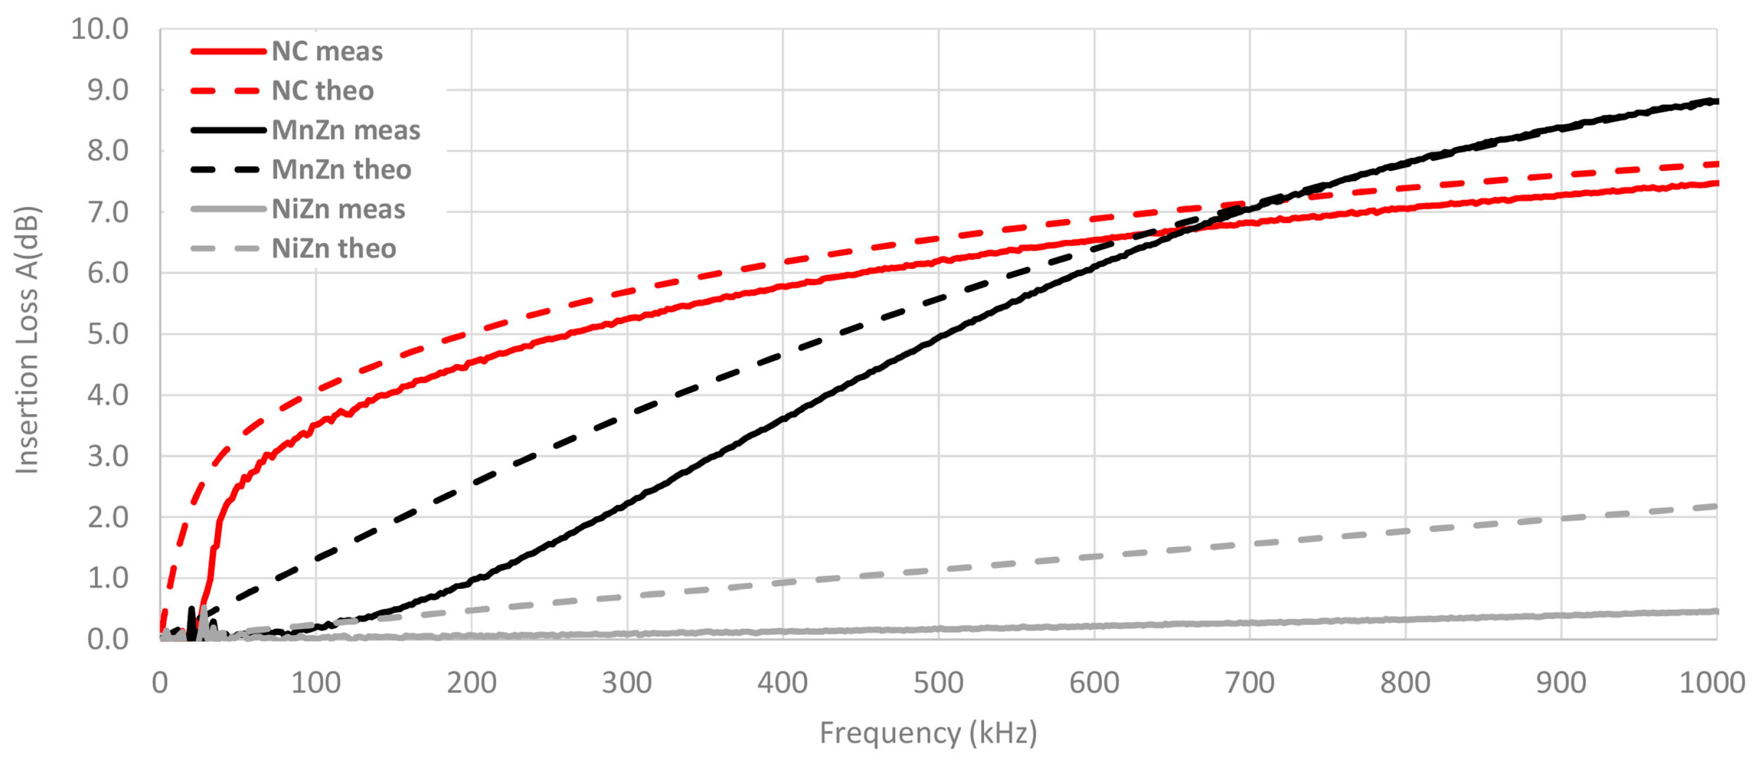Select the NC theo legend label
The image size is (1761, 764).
point(323,91)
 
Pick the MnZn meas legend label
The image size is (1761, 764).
point(346,130)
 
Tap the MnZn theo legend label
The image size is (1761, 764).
point(342,170)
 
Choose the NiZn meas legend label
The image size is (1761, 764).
point(339,209)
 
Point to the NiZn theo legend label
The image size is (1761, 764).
point(334,248)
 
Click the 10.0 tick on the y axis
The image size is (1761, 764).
point(100,29)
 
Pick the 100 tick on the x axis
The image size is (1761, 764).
point(316,683)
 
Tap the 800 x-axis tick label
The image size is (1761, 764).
point(1405,683)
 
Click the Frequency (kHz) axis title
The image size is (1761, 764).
point(928,732)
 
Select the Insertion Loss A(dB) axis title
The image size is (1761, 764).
point(28,339)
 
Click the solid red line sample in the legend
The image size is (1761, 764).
point(228,51)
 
